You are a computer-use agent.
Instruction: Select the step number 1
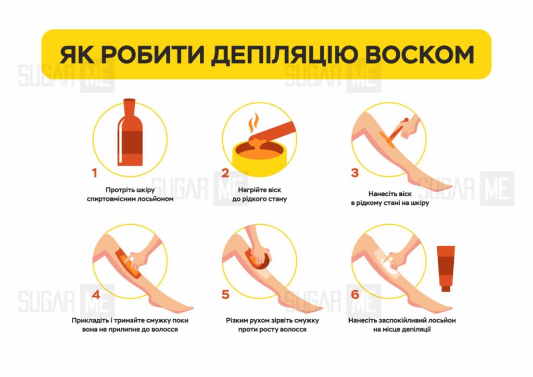point(95,173)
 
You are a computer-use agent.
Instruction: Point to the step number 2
point(225,173)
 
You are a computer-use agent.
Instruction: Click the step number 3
point(355,173)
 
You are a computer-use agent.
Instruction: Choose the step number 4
point(96,294)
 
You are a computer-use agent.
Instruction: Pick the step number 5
point(225,294)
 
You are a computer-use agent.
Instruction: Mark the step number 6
point(355,294)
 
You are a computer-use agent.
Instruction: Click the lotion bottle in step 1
point(130,133)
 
